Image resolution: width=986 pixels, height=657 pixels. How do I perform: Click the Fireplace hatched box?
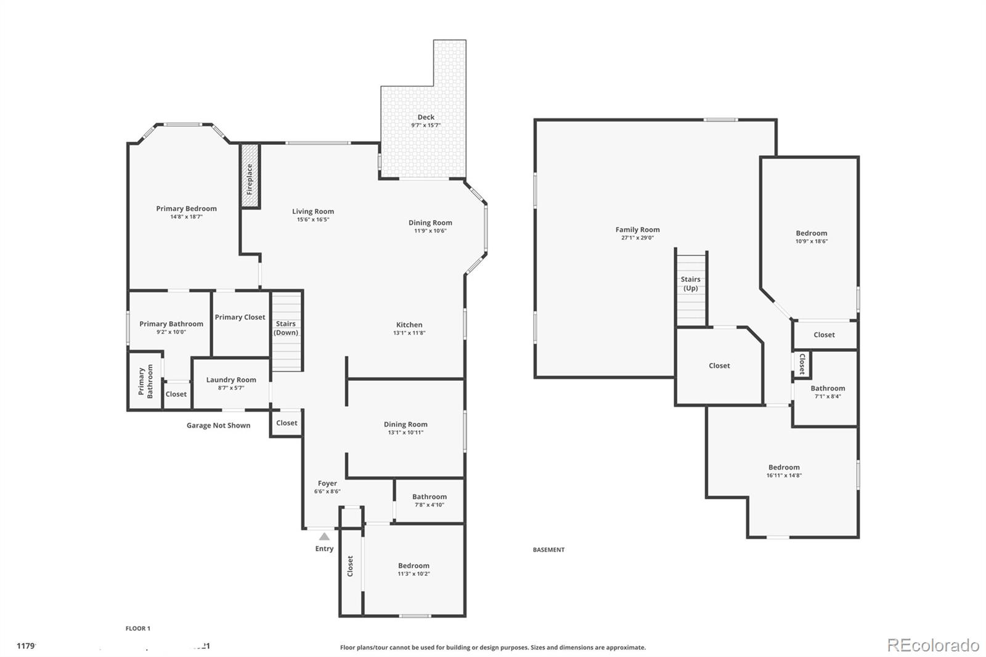(250, 176)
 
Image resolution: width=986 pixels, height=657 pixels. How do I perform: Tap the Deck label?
(426, 117)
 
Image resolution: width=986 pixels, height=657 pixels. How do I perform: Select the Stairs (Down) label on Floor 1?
(286, 328)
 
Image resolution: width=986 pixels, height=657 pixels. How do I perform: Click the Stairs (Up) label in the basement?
(690, 284)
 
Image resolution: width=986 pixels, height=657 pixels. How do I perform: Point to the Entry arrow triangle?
(324, 537)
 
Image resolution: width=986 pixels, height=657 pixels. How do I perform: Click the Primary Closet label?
(240, 317)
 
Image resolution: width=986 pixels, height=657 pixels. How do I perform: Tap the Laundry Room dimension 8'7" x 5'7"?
(231, 388)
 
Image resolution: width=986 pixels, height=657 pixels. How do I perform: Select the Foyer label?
(327, 483)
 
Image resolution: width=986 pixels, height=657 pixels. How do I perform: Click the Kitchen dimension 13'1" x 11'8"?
(409, 333)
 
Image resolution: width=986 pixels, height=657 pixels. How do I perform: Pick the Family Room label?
(637, 229)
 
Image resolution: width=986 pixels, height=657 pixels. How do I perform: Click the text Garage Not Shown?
(218, 425)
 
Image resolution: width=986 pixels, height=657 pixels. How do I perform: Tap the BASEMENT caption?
(548, 550)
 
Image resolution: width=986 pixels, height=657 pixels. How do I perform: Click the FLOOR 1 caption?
(137, 629)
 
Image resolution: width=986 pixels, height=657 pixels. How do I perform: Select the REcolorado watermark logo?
(932, 645)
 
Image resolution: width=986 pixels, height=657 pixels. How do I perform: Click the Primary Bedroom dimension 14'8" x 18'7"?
(186, 217)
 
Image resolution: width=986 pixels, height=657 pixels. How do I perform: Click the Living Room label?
(313, 211)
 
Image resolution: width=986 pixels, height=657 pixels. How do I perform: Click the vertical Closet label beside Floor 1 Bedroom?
(350, 566)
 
